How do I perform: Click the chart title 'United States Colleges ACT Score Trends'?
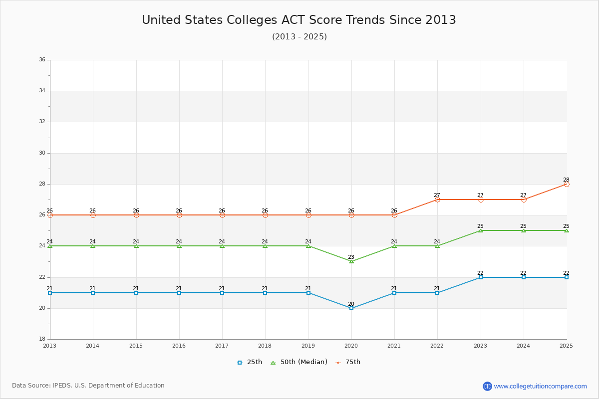[299, 20]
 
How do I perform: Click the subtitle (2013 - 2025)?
[299, 37]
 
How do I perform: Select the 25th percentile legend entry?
[250, 362]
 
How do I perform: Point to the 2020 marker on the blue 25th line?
[351, 308]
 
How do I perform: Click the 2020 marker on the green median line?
[351, 261]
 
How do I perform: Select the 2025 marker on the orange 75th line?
[567, 184]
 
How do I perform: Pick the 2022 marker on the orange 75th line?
[437, 199]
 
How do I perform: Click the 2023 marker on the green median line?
[481, 230]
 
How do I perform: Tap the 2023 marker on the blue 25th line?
[481, 277]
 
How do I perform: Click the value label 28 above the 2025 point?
[566, 180]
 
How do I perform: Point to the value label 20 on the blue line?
[351, 304]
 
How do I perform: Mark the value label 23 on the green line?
[351, 257]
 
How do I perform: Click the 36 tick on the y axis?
[42, 60]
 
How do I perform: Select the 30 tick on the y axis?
[42, 153]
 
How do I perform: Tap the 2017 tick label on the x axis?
[222, 346]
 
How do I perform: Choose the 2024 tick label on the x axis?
[524, 346]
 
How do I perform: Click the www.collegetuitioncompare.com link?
[540, 386]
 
